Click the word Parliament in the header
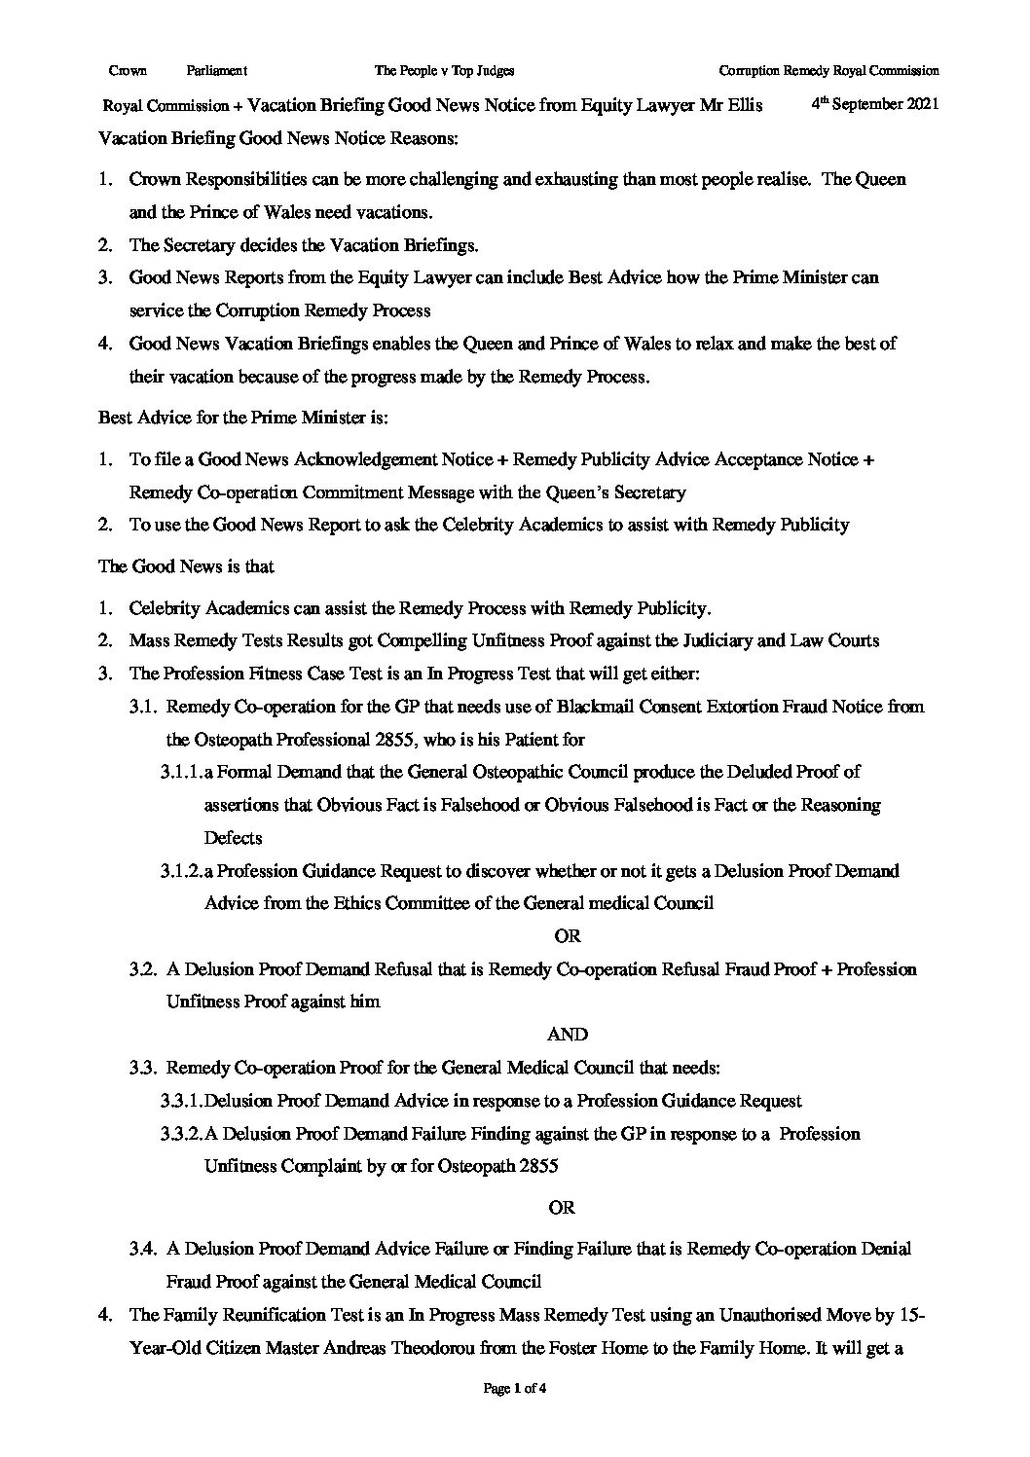(216, 70)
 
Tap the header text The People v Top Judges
(444, 70)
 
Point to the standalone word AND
(569, 1035)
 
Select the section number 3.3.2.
(181, 1134)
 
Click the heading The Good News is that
(187, 566)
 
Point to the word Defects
(233, 838)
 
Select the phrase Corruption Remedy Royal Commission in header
(828, 70)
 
